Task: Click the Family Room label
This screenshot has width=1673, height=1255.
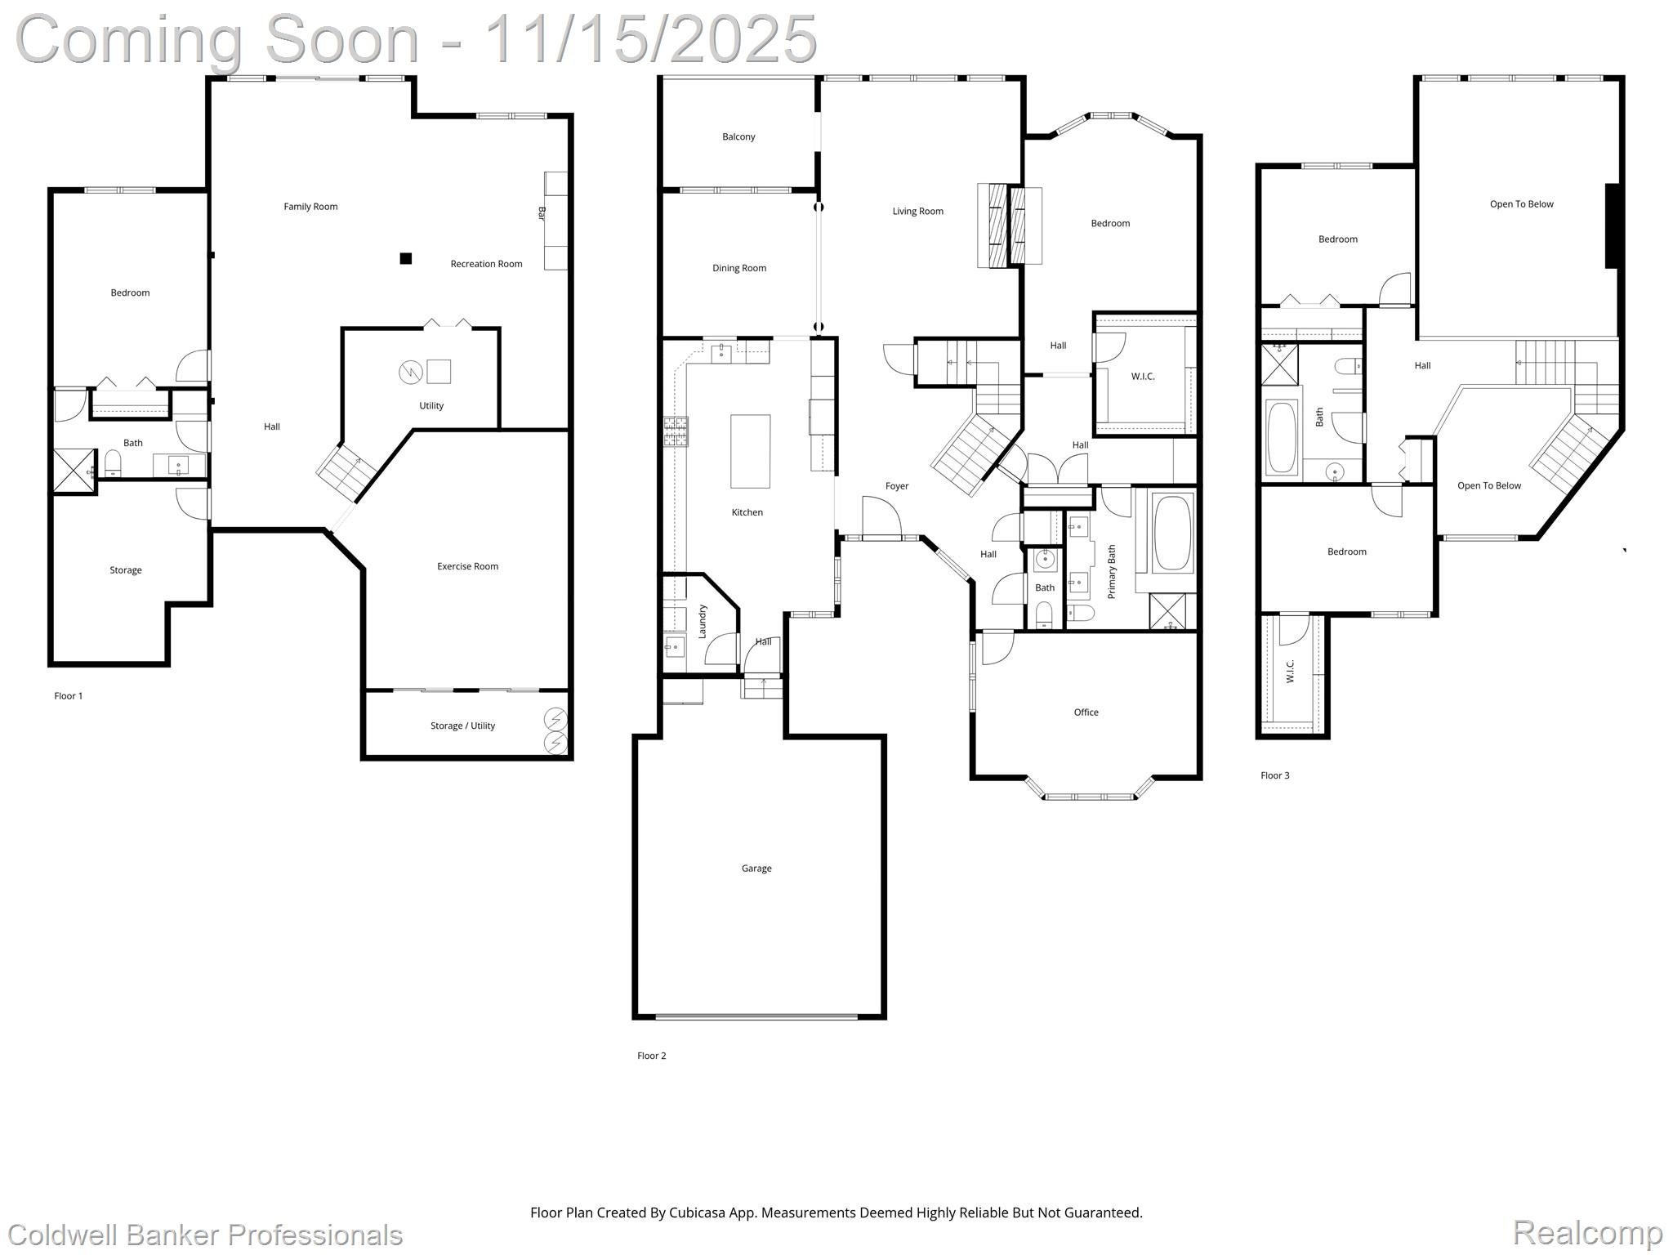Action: pyautogui.click(x=310, y=207)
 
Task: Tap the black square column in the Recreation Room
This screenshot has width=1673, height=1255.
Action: pyautogui.click(x=405, y=259)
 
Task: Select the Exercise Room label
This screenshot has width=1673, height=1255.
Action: pyautogui.click(x=467, y=566)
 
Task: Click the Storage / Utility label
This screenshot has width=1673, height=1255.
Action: pyautogui.click(x=462, y=726)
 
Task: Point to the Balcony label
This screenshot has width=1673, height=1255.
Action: pyautogui.click(x=738, y=136)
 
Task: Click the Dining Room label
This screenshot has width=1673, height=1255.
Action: pyautogui.click(x=739, y=268)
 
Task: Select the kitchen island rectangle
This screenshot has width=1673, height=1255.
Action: pyautogui.click(x=750, y=451)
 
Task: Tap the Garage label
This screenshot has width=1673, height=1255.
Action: pyautogui.click(x=756, y=869)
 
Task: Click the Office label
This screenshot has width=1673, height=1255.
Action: pyautogui.click(x=1086, y=712)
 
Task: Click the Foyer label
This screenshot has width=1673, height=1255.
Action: pyautogui.click(x=897, y=486)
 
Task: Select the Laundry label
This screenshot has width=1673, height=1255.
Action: pyautogui.click(x=703, y=621)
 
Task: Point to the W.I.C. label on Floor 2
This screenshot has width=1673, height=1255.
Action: pyautogui.click(x=1143, y=377)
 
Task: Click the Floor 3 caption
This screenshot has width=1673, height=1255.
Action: pyautogui.click(x=1274, y=775)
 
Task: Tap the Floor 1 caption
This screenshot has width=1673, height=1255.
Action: pyautogui.click(x=69, y=696)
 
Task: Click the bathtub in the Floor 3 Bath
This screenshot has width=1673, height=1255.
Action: pyautogui.click(x=1281, y=437)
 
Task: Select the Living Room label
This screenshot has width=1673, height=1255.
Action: pyautogui.click(x=917, y=212)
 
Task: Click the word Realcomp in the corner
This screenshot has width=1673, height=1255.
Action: pyautogui.click(x=1587, y=1233)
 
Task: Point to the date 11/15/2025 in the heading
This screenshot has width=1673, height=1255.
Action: pyautogui.click(x=650, y=39)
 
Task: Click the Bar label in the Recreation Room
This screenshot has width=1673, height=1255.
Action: pyautogui.click(x=542, y=213)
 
